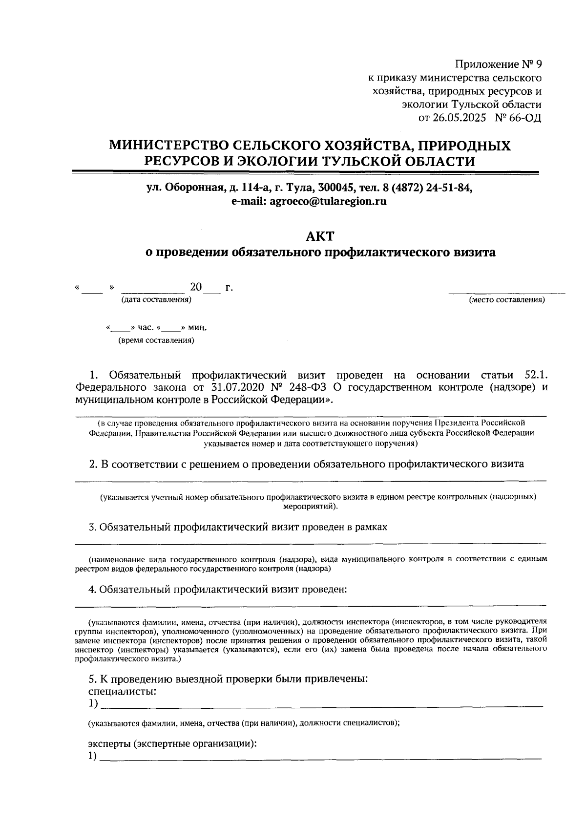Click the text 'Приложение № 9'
(x=498, y=64)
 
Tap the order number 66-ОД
(x=525, y=118)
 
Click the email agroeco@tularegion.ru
(x=328, y=201)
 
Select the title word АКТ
(x=320, y=236)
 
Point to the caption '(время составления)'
(x=156, y=340)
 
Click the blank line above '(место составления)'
(x=506, y=293)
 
